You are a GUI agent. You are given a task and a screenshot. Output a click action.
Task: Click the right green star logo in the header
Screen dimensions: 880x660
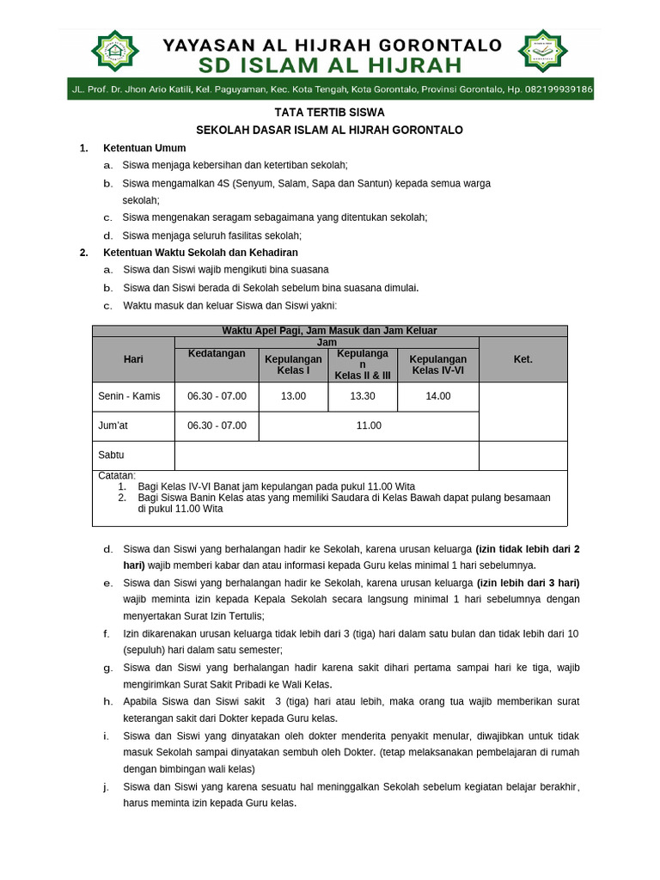543,53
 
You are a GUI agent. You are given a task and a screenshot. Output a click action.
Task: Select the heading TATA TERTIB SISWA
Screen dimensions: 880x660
329,113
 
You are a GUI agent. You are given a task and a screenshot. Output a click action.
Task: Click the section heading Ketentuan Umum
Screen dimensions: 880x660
144,148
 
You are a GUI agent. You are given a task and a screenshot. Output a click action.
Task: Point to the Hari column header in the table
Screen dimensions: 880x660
133,359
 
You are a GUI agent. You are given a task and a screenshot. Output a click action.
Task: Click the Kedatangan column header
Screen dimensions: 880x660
217,353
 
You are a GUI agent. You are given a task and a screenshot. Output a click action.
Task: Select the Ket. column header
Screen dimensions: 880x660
522,359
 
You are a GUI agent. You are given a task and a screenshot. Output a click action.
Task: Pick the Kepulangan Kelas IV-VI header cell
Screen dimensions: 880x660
438,364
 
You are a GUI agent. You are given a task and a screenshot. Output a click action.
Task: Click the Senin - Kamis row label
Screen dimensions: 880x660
129,396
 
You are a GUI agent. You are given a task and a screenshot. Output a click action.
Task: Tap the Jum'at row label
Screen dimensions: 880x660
113,425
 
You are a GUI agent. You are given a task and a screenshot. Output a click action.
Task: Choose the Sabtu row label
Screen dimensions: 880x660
112,455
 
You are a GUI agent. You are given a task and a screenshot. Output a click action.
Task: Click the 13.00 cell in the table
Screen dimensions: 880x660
293,396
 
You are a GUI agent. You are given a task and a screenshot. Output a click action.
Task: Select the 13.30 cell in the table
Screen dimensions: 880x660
363,396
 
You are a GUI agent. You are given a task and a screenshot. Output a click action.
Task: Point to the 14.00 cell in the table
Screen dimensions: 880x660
437,396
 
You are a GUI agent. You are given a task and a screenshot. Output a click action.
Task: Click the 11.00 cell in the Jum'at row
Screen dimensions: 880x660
369,425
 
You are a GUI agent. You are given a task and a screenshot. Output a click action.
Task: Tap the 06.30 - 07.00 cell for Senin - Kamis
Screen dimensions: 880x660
217,396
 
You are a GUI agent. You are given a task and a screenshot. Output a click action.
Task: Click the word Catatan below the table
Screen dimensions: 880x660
117,475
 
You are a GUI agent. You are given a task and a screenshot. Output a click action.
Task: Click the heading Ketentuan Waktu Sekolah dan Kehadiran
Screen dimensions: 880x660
200,253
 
